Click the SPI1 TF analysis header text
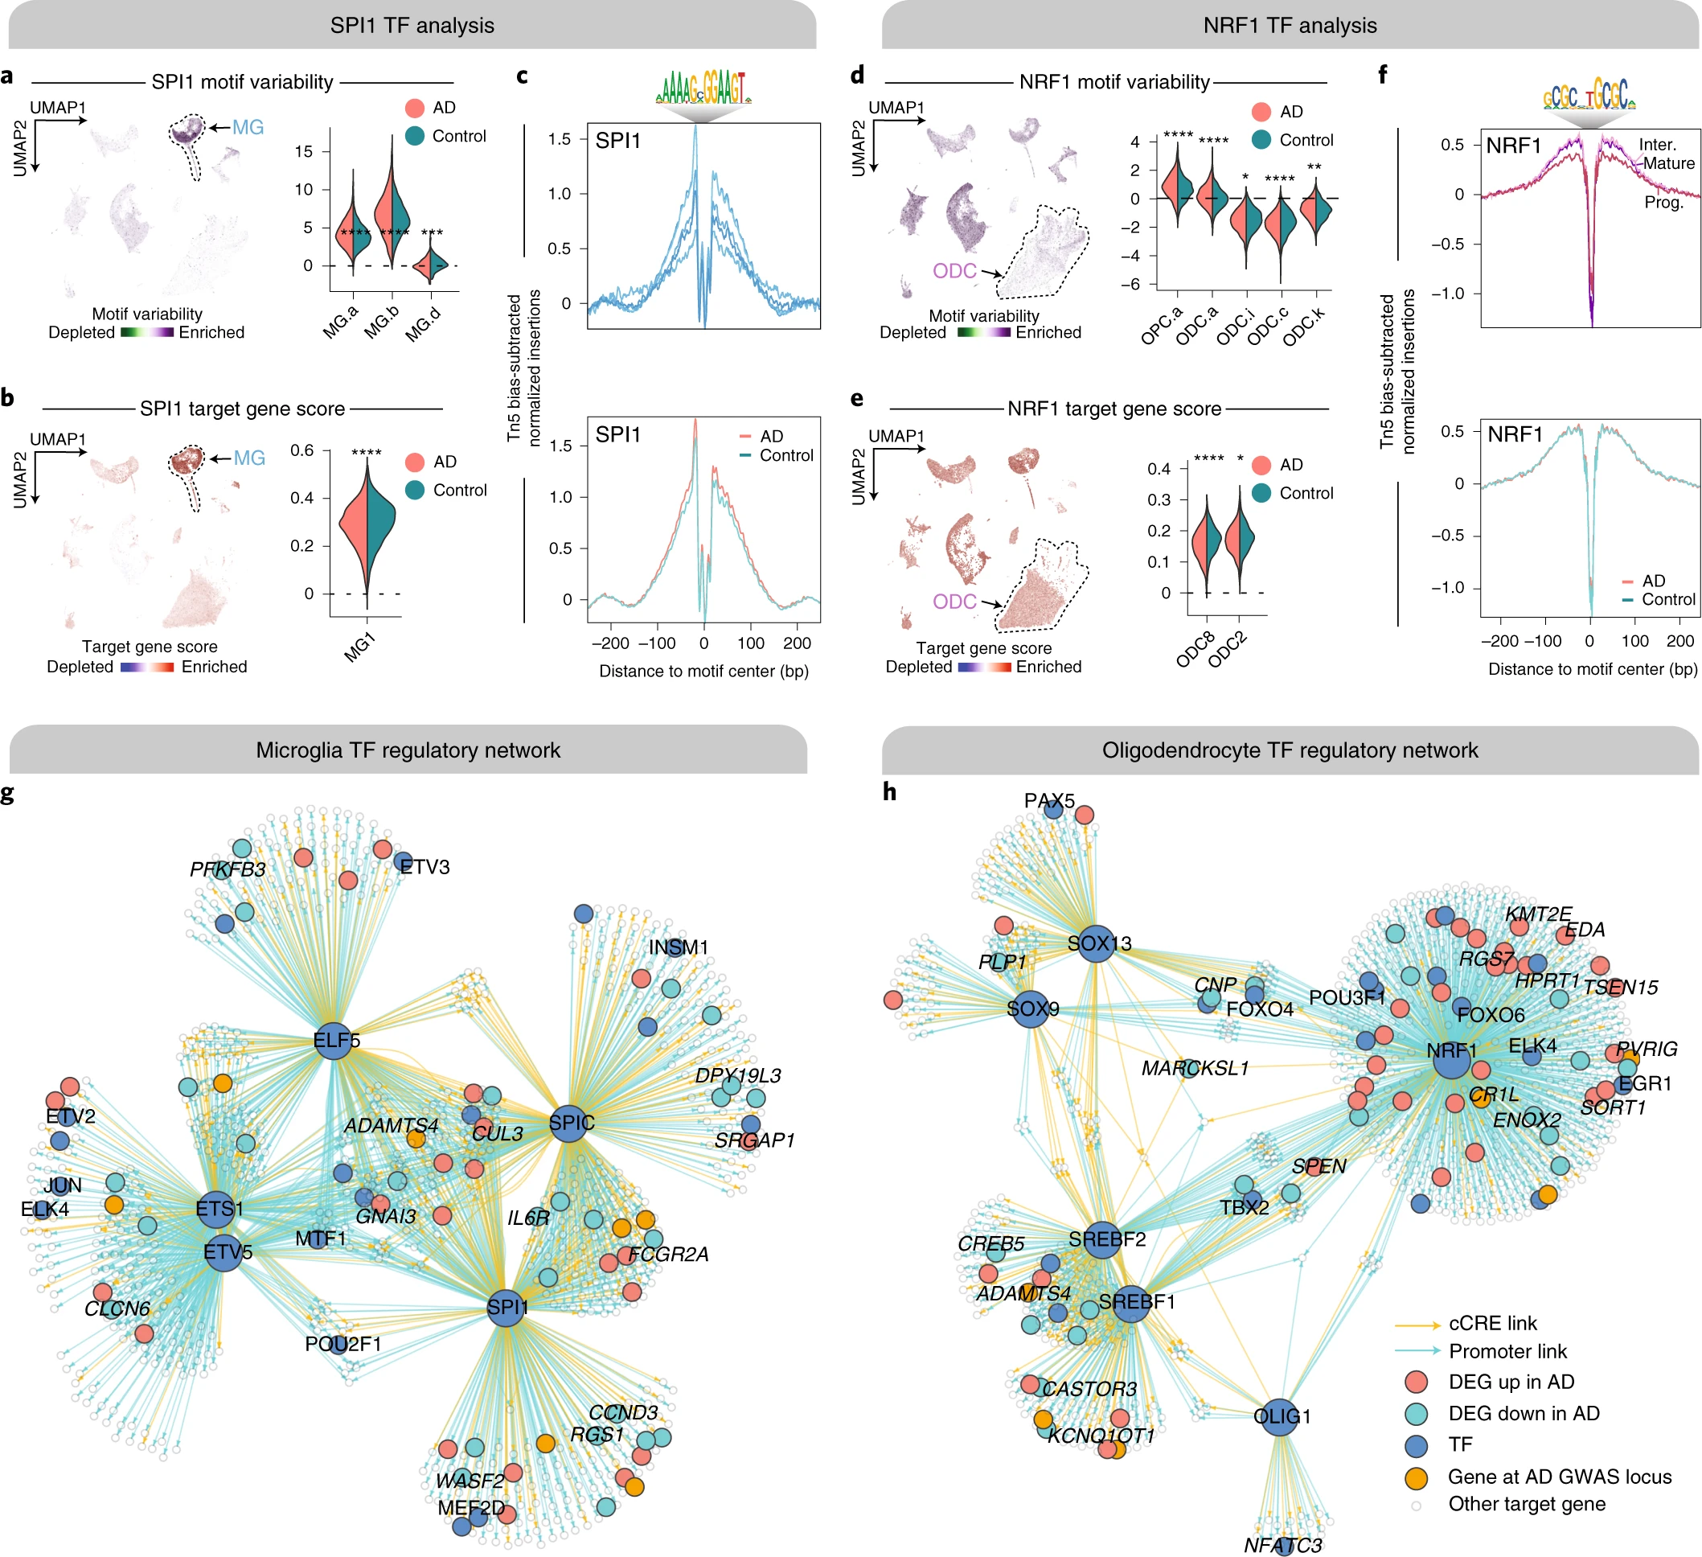click(412, 25)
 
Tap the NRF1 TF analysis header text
click(1290, 25)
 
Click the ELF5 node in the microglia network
click(335, 1040)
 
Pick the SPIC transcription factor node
click(571, 1123)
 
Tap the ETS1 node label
click(219, 1209)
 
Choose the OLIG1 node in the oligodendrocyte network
click(1281, 1416)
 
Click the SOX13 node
click(1097, 943)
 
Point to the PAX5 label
click(1048, 800)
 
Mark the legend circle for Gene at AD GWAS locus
click(1416, 1477)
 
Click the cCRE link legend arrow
click(1417, 1324)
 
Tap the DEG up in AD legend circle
click(1416, 1382)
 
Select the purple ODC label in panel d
click(954, 271)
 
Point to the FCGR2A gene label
click(668, 1254)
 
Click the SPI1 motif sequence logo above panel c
click(703, 87)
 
